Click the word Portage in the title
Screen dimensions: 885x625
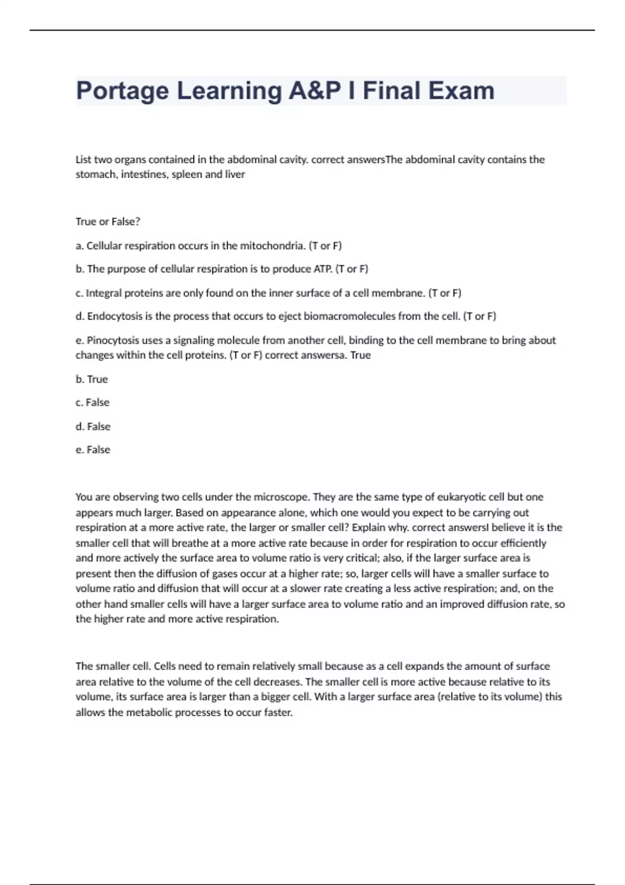122,91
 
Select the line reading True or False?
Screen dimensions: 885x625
108,222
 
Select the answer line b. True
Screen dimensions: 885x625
92,380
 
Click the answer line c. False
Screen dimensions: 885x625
93,402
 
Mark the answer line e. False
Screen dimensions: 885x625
93,450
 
